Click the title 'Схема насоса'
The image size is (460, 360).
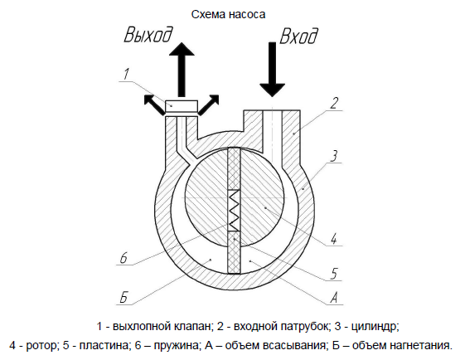(x=228, y=14)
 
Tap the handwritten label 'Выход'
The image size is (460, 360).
(x=148, y=34)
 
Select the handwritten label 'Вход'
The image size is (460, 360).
(x=298, y=36)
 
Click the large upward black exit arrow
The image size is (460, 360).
(x=182, y=70)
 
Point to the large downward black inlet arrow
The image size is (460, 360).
(x=272, y=70)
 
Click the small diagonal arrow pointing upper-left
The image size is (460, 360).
(x=153, y=105)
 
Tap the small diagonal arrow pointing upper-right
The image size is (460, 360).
(x=209, y=105)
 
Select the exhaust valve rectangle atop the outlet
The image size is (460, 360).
(x=182, y=107)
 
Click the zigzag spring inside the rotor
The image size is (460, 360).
(x=234, y=210)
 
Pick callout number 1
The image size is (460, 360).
(x=125, y=75)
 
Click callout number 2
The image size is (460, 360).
(x=333, y=103)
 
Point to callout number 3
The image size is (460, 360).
(x=334, y=156)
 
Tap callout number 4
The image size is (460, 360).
(x=333, y=238)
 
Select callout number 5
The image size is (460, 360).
(x=334, y=274)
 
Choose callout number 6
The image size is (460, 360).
(x=124, y=258)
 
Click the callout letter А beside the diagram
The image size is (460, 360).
(x=334, y=298)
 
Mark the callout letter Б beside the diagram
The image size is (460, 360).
(x=123, y=297)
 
